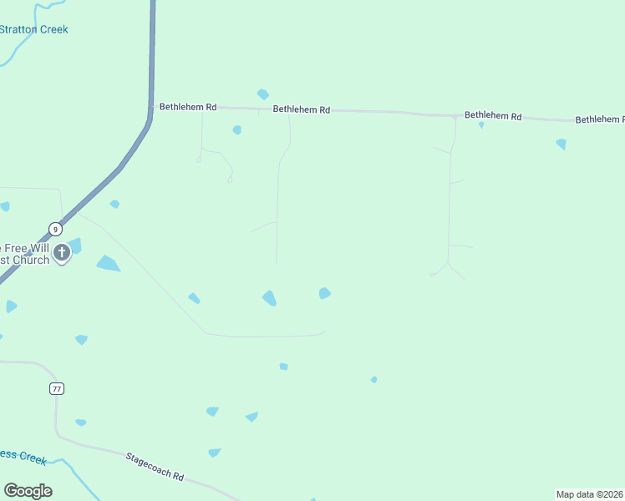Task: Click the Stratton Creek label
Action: click(x=33, y=29)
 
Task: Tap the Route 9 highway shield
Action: click(x=55, y=229)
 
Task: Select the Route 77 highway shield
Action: click(x=56, y=388)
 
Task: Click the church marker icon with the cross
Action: click(x=61, y=253)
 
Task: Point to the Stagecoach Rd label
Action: click(x=155, y=466)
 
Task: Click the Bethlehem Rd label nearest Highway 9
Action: click(x=188, y=107)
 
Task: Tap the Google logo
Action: click(x=28, y=491)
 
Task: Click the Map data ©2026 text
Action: click(x=590, y=494)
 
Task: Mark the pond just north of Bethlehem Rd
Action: click(x=263, y=94)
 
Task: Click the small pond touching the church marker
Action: click(x=75, y=245)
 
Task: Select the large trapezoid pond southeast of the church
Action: click(x=108, y=264)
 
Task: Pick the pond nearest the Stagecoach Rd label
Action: click(x=215, y=453)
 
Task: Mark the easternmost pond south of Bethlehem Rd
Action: click(x=561, y=144)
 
